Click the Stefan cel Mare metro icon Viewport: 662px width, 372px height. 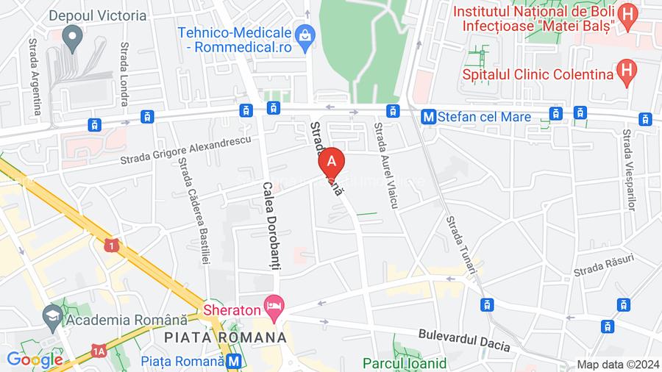point(427,116)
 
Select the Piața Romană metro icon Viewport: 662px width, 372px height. point(235,361)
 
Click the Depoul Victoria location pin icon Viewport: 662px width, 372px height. point(72,35)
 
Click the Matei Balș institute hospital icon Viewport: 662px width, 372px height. point(627,15)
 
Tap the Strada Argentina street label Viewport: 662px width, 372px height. point(35,77)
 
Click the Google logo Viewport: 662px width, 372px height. point(34,360)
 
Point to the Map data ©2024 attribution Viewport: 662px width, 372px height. point(616,364)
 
